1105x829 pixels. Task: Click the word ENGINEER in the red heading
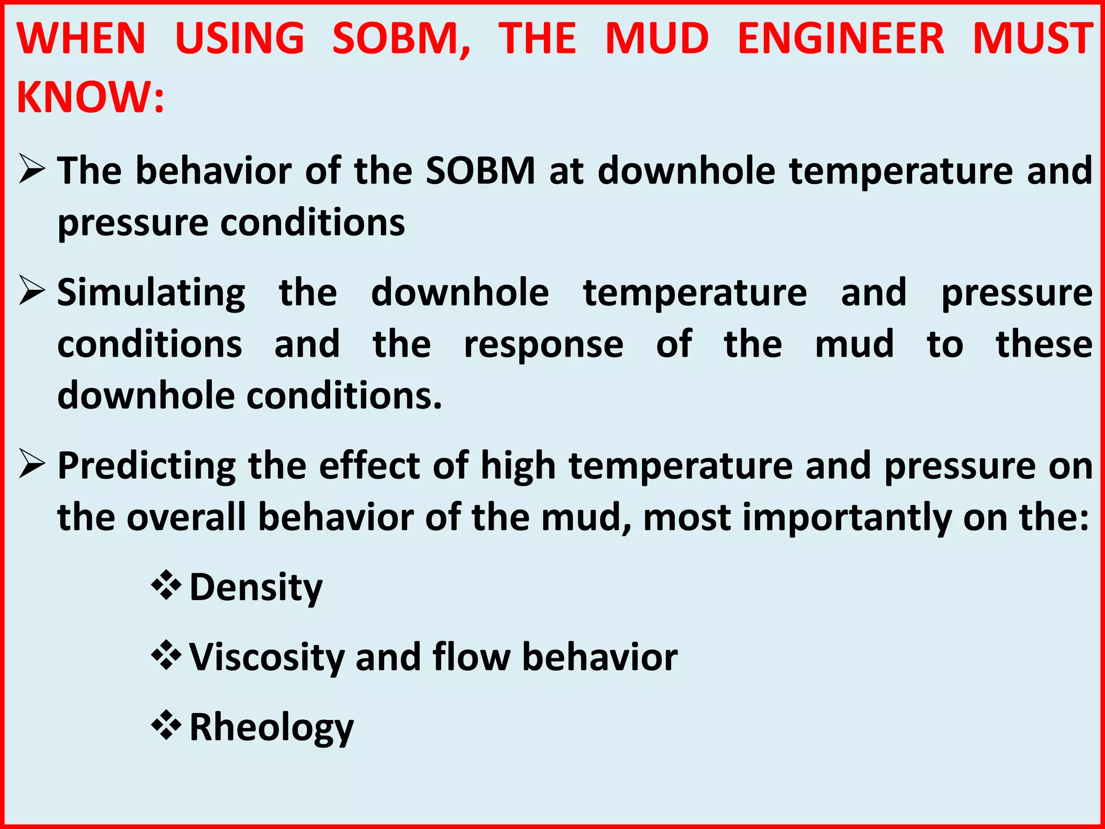tap(841, 39)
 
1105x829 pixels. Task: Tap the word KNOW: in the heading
tap(90, 98)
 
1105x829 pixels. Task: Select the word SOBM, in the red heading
tap(401, 39)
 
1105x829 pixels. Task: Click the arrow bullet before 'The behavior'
tap(32, 169)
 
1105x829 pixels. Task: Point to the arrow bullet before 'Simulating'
tap(32, 291)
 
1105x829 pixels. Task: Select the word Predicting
tap(147, 467)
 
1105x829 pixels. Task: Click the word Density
tap(256, 588)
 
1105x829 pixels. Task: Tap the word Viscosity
tap(267, 658)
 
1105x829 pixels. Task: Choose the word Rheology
tap(271, 729)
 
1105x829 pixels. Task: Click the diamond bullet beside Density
tap(166, 586)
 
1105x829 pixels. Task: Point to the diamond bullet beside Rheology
tap(166, 725)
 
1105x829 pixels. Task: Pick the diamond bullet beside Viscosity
tap(166, 655)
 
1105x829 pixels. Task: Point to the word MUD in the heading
tap(657, 39)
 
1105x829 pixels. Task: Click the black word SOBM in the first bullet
tap(480, 171)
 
